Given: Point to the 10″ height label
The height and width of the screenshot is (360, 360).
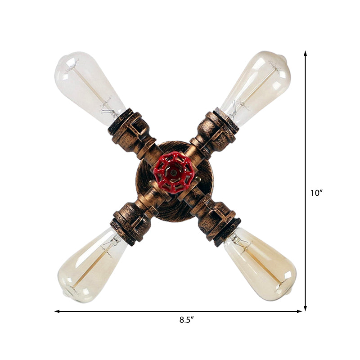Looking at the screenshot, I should [317, 193].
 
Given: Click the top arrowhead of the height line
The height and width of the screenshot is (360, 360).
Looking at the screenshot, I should [306, 53].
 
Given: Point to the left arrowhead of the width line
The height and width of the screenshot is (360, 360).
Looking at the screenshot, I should [57, 311].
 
